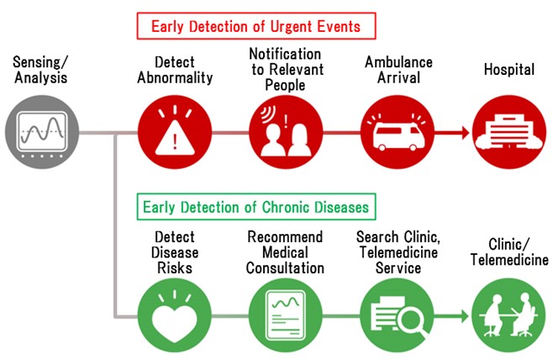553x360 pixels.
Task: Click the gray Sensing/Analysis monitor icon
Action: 42,132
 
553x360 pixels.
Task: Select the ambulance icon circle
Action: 398,132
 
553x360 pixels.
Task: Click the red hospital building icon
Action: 509,132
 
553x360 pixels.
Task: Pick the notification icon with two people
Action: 286,132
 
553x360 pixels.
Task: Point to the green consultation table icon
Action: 509,315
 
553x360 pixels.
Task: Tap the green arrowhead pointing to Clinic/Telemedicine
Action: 464,315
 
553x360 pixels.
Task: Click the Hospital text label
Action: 509,70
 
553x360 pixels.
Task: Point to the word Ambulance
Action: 398,62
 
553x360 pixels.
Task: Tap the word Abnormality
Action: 175,77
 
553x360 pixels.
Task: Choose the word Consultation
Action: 285,268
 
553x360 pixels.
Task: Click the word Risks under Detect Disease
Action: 175,268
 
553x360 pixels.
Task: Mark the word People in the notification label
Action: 285,86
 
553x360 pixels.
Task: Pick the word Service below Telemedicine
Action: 398,268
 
